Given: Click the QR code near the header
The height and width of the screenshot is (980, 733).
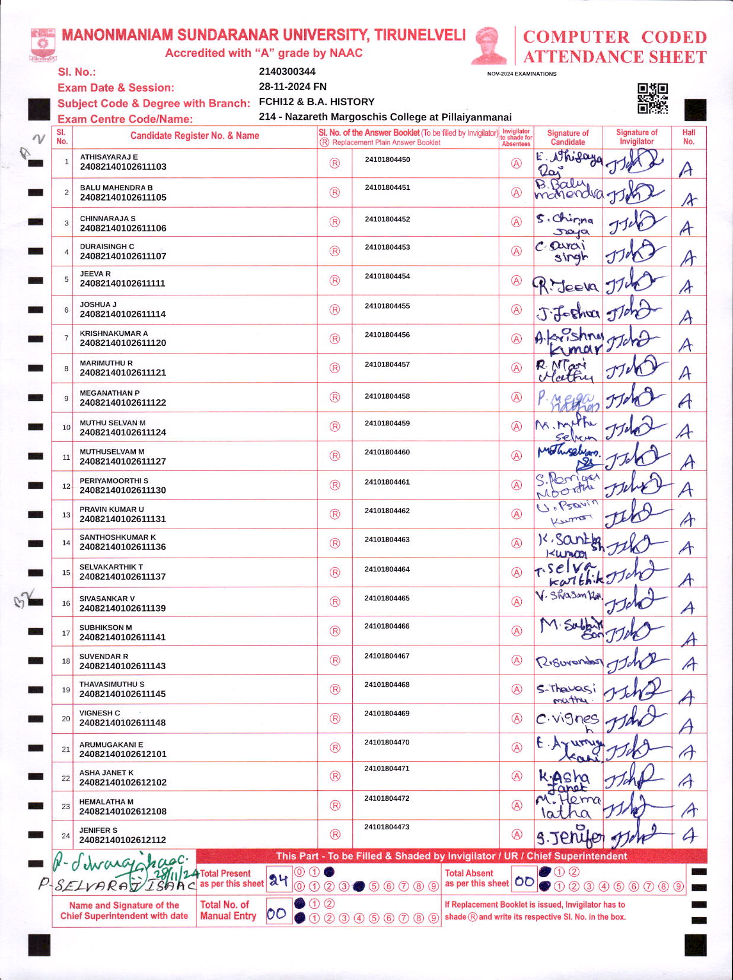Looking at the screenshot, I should tap(652, 98).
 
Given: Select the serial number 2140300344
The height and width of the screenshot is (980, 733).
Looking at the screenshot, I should tap(287, 72).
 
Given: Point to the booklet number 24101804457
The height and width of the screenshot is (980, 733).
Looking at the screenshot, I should tap(387, 364).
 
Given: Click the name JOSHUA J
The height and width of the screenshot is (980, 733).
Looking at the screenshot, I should tap(98, 304).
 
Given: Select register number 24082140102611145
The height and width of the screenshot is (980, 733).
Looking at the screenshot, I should tap(123, 694).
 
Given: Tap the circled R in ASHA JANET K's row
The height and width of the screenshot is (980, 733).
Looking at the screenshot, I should tap(335, 776).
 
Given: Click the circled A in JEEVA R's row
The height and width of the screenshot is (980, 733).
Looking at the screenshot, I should tap(517, 281).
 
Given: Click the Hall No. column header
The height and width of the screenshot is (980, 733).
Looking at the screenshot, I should tap(689, 137).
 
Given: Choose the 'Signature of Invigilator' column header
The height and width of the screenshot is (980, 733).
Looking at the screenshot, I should tap(636, 137).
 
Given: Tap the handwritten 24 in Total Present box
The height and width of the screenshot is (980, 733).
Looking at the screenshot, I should tap(279, 880).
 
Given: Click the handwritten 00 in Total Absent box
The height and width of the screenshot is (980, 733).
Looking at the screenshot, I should tap(524, 882).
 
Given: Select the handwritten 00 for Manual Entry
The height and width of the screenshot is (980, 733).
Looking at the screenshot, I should tap(276, 914).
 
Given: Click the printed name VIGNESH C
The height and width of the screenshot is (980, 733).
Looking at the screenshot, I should tap(100, 713).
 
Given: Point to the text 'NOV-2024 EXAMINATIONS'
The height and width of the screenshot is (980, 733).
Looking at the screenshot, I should tap(522, 74).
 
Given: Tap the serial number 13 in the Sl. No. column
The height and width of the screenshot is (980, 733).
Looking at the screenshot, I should tap(66, 514).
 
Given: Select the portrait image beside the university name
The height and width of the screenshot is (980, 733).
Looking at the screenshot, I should tap(489, 45).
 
